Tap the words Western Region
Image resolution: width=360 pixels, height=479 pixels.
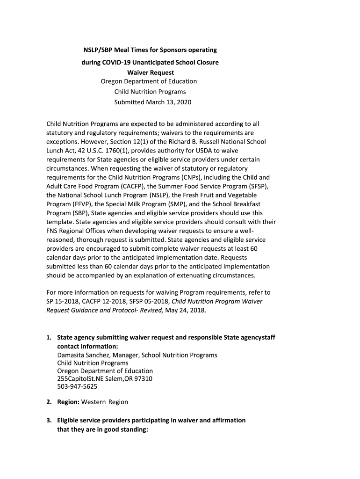tap(106, 402)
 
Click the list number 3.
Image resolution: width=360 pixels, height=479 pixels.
tap(49, 421)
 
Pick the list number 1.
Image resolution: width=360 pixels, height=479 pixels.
tap(49, 338)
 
